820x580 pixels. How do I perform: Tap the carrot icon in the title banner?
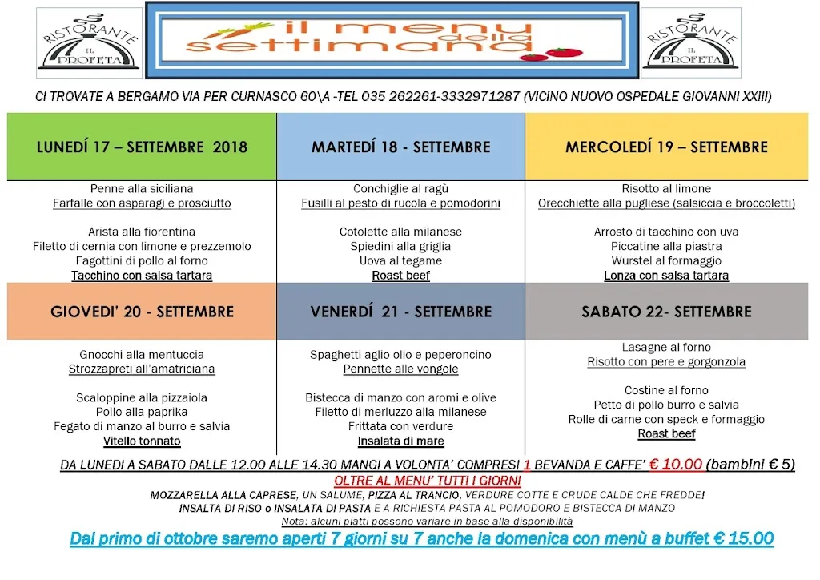(x=222, y=33)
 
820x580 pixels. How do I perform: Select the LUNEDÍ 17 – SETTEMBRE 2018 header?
(x=142, y=147)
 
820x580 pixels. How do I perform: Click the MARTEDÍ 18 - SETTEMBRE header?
(x=400, y=147)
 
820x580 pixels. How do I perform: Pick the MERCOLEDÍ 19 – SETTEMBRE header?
(x=666, y=147)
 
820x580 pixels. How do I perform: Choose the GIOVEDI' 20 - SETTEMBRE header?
(x=142, y=312)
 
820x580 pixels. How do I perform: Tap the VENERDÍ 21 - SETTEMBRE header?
(x=400, y=312)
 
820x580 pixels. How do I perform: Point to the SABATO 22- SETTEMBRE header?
(x=666, y=312)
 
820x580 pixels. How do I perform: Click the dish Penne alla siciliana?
(x=142, y=189)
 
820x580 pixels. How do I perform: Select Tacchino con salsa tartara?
(x=142, y=276)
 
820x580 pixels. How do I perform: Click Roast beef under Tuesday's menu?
(x=400, y=276)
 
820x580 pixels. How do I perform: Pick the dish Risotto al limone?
(x=666, y=189)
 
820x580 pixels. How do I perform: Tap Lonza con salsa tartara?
(x=666, y=276)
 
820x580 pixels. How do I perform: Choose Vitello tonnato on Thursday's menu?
(x=142, y=441)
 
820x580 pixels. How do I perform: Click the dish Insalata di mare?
(x=400, y=441)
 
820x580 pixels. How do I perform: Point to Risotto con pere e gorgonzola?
(x=666, y=362)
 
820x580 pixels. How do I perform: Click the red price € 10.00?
(x=676, y=465)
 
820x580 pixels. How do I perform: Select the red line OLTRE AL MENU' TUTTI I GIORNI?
(x=428, y=481)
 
